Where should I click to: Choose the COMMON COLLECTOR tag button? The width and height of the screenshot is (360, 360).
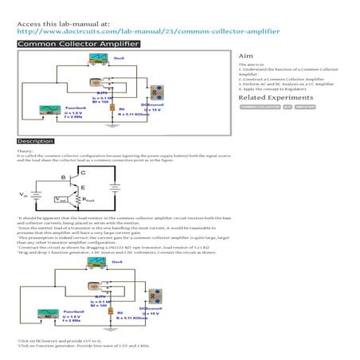(260, 106)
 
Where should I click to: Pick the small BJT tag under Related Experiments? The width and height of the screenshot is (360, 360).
(287, 106)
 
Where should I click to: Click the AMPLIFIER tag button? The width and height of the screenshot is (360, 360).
(305, 106)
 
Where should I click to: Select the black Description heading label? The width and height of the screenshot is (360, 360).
(36, 141)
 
